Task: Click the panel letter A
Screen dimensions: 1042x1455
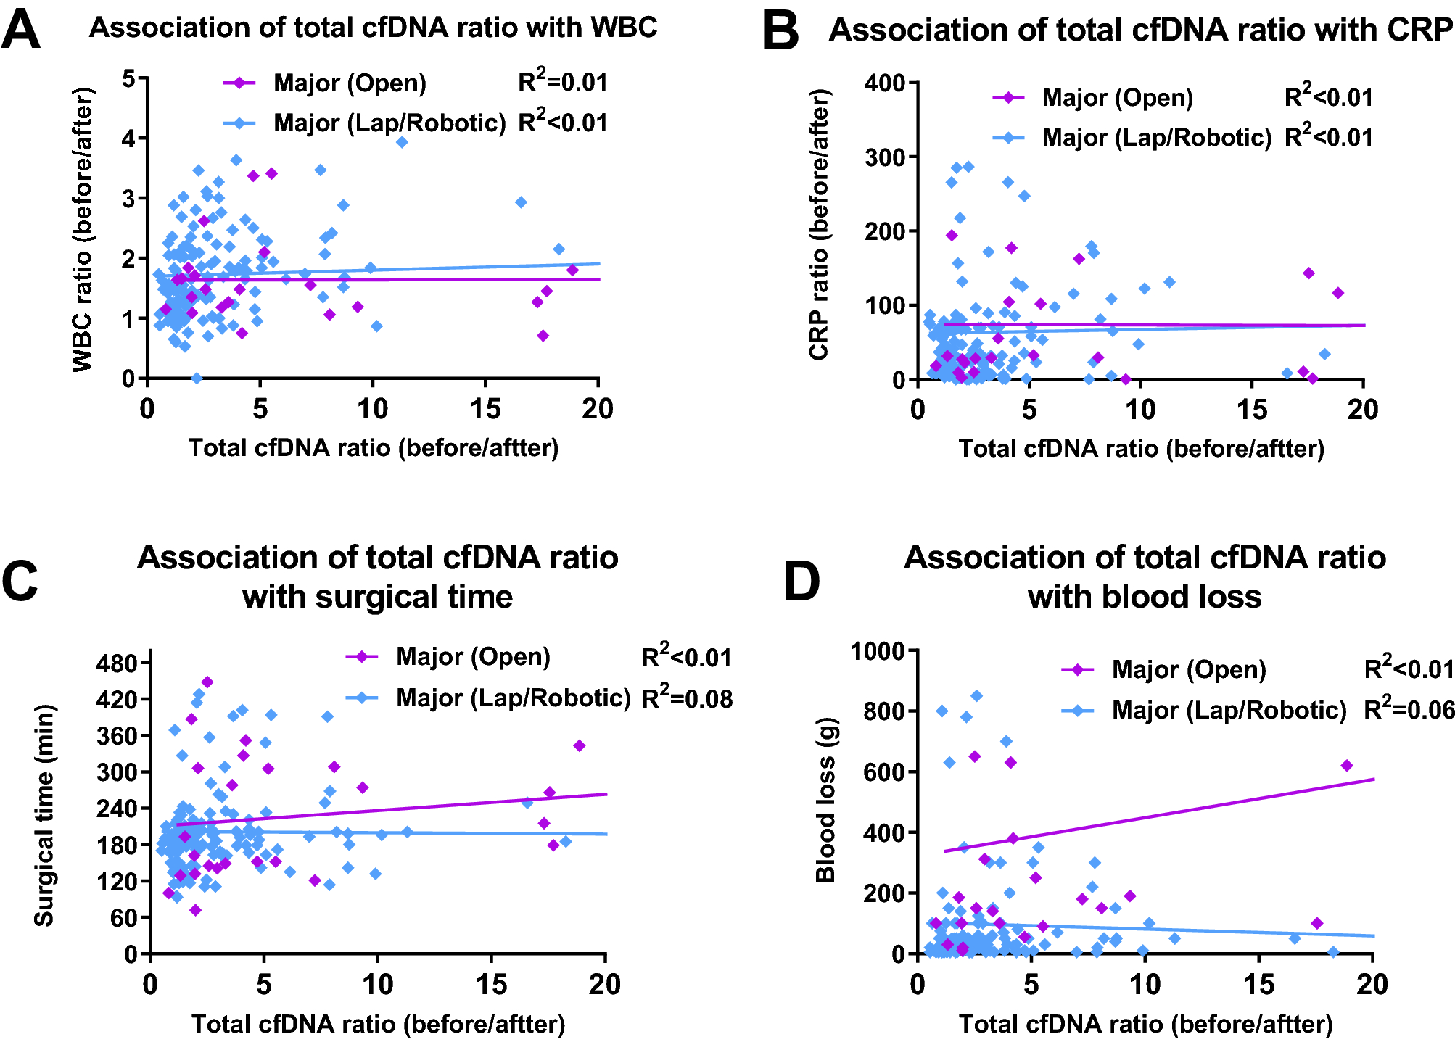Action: pyautogui.click(x=20, y=30)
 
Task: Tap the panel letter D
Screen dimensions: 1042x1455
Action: pyautogui.click(x=801, y=582)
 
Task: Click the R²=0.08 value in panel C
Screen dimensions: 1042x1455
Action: pyautogui.click(x=687, y=698)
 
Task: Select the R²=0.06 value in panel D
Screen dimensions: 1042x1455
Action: pyautogui.click(x=1409, y=709)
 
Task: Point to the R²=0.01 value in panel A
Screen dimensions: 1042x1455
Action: pyautogui.click(x=562, y=82)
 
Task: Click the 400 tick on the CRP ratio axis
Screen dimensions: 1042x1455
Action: pyautogui.click(x=885, y=83)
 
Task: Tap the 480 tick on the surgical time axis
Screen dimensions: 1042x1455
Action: pyautogui.click(x=117, y=663)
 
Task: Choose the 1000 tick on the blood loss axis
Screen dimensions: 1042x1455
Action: pyautogui.click(x=878, y=651)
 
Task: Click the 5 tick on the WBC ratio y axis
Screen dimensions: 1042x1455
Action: pyautogui.click(x=129, y=78)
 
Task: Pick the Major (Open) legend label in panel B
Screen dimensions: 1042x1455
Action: pyautogui.click(x=1117, y=98)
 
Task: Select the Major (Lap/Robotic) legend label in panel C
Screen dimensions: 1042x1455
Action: pyautogui.click(x=514, y=698)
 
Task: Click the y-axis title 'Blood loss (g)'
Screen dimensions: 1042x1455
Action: pyautogui.click(x=825, y=800)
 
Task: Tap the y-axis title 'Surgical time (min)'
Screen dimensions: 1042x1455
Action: pyautogui.click(x=45, y=815)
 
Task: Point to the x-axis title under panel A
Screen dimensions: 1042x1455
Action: pyautogui.click(x=374, y=448)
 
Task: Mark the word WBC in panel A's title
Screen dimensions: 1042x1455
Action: pyautogui.click(x=624, y=28)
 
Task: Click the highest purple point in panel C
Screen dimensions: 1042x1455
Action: pyautogui.click(x=207, y=682)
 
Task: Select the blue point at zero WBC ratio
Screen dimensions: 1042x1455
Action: pyautogui.click(x=197, y=379)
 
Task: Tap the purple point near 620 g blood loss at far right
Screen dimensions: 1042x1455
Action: pyautogui.click(x=1347, y=766)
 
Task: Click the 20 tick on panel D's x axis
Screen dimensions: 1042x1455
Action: pyautogui.click(x=1372, y=985)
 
